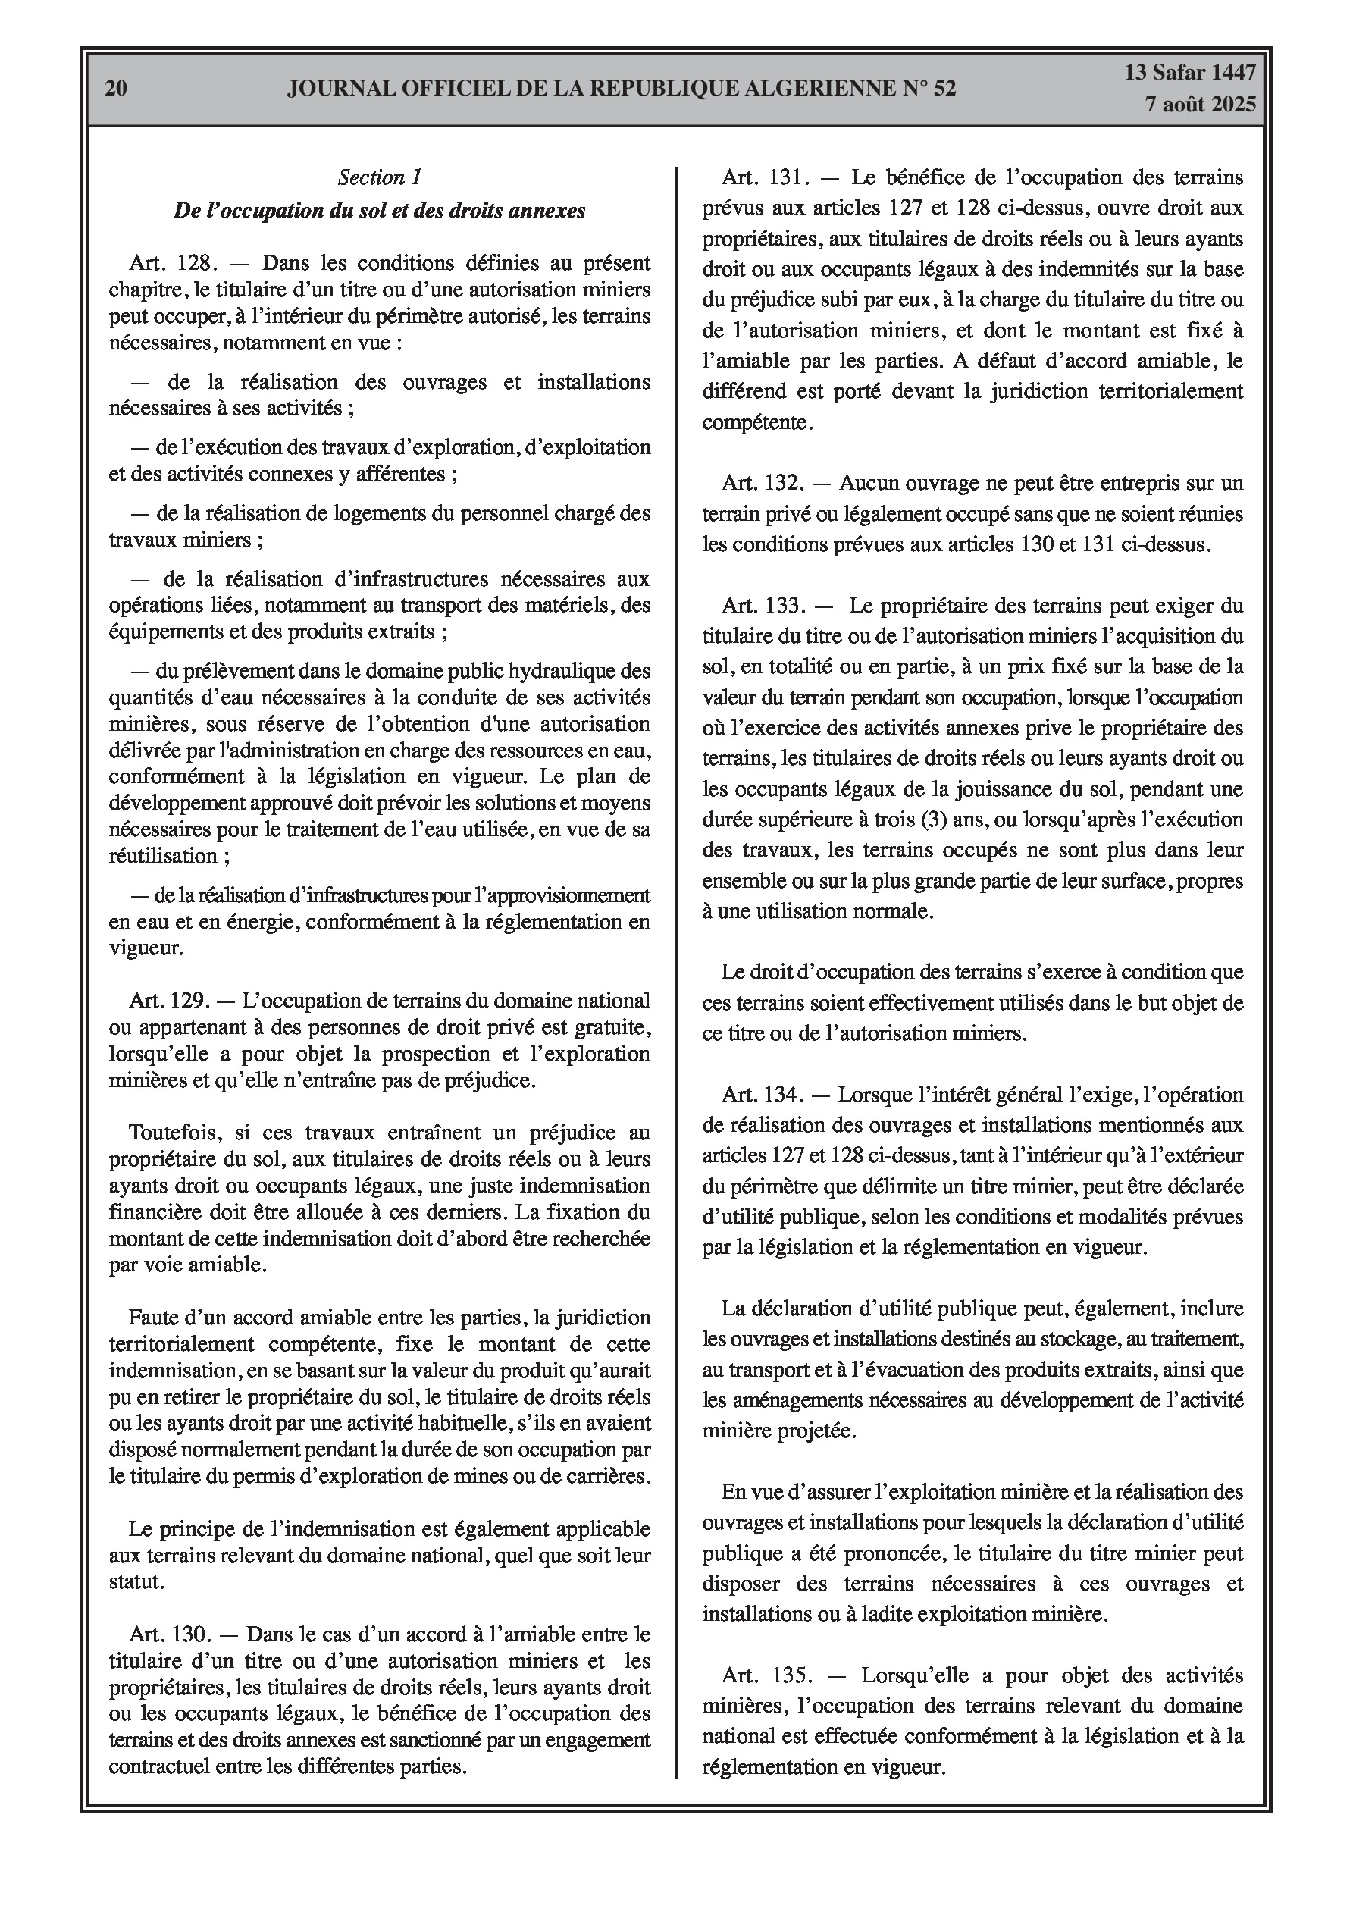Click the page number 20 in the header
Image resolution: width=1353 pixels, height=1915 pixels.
pos(117,89)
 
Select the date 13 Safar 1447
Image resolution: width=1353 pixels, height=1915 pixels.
pos(1189,73)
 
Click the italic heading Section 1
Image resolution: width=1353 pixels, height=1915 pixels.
pos(380,177)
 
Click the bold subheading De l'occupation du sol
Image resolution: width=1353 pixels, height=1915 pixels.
pos(380,210)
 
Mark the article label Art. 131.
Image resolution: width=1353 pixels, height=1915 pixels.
pos(766,177)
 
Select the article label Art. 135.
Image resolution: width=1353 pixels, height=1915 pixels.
pos(766,1675)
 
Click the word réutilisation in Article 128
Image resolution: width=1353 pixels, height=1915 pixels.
pos(164,856)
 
